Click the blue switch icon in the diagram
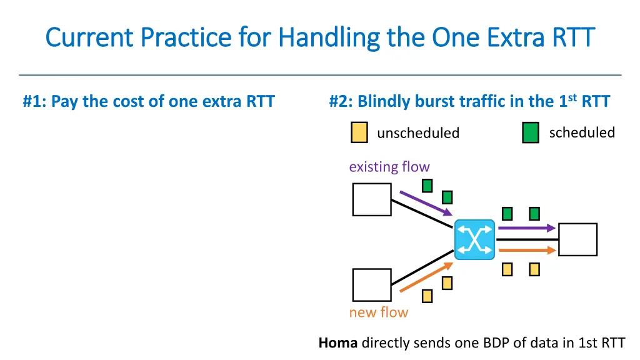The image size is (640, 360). [474, 239]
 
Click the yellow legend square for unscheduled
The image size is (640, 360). [359, 133]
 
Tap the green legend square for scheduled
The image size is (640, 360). [531, 133]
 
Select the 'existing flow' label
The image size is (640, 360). [389, 167]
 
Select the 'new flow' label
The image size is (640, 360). [378, 312]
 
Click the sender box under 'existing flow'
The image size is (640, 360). [372, 200]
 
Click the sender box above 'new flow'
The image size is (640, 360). [372, 285]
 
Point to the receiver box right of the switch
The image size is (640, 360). [577, 239]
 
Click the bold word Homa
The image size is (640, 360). [338, 342]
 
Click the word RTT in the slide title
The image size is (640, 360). [572, 37]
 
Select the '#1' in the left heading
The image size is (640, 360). [31, 101]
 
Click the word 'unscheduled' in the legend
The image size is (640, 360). [418, 133]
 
